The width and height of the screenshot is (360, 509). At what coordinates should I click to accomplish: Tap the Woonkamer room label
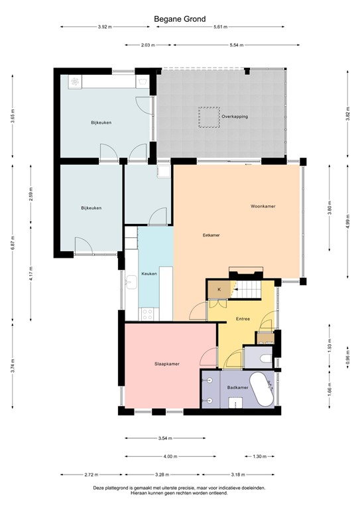[x=263, y=207]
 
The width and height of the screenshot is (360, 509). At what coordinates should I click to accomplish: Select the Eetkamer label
[x=211, y=235]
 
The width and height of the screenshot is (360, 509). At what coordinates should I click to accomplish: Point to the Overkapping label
[x=235, y=116]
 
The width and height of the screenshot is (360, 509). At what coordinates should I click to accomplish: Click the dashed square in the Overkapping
[x=209, y=118]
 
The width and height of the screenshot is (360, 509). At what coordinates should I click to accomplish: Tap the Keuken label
[x=149, y=273]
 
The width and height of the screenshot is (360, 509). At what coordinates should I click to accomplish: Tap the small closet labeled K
[x=218, y=289]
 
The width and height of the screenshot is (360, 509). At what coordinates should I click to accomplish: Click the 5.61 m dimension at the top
[x=221, y=27]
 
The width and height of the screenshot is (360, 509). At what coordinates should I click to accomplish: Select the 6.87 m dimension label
[x=13, y=244]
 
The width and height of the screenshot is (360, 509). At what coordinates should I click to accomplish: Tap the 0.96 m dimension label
[x=347, y=361]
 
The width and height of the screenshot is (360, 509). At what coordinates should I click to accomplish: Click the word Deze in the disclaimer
[x=99, y=487]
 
